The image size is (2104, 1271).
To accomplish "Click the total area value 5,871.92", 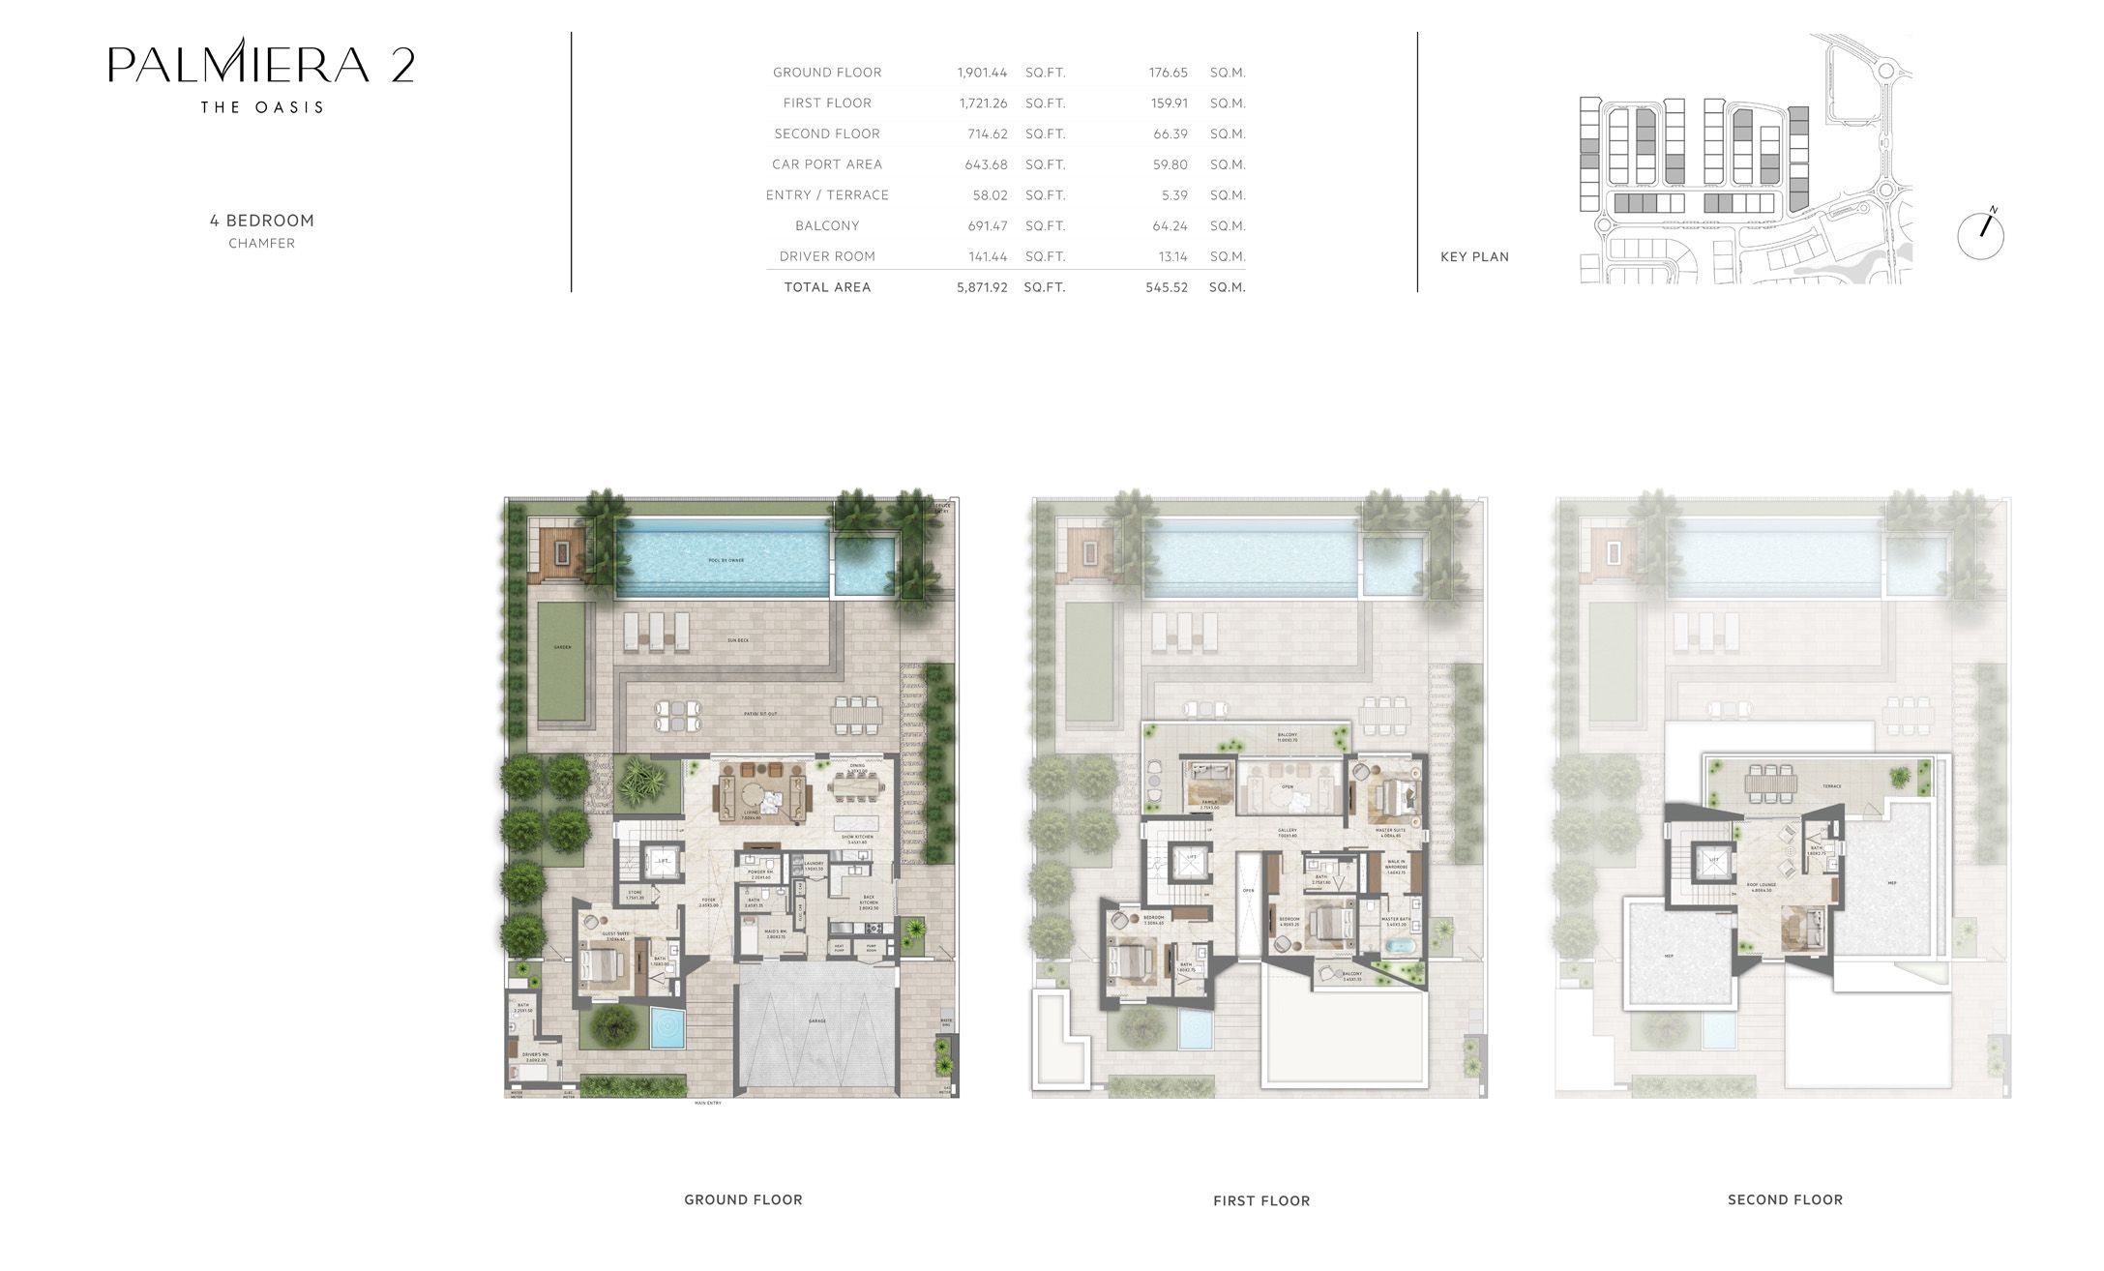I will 982,287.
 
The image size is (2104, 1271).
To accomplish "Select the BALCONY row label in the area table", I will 827,225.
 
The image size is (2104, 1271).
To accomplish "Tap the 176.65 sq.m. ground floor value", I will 1168,73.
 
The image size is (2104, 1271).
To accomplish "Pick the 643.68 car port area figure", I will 986,164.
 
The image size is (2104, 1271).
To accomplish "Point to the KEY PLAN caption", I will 1474,256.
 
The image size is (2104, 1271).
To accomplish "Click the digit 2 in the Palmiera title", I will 403,66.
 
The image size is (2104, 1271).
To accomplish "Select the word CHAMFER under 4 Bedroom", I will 261,244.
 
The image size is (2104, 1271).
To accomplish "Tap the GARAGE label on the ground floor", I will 818,1020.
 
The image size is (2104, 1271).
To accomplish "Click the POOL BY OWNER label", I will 725,560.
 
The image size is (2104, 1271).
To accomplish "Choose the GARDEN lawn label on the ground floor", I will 562,647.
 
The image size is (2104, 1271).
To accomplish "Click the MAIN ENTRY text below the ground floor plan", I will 707,1103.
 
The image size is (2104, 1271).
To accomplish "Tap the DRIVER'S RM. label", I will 535,1055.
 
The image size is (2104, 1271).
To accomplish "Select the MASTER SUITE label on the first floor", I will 1391,830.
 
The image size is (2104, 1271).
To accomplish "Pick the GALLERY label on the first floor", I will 1287,830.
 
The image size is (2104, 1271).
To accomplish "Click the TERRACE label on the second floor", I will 1831,786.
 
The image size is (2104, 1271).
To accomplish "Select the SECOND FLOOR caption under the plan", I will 1785,1199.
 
